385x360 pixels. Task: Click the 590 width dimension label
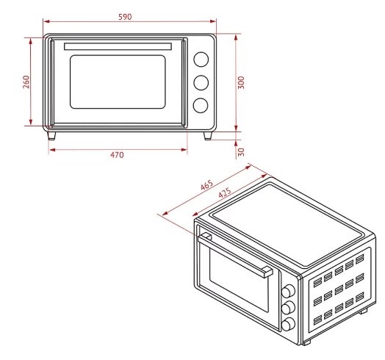pyautogui.click(x=125, y=17)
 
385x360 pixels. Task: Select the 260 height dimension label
pyautogui.click(x=26, y=82)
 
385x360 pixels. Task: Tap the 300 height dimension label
pyautogui.click(x=241, y=82)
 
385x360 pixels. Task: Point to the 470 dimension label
pyautogui.click(x=117, y=155)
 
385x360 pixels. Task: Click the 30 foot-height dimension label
pyautogui.click(x=241, y=152)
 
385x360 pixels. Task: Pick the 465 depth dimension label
pyautogui.click(x=206, y=185)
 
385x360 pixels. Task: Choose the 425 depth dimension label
pyautogui.click(x=224, y=192)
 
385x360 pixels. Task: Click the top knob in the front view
pyautogui.click(x=201, y=60)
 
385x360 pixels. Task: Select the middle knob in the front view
pyautogui.click(x=201, y=82)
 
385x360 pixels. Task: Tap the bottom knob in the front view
pyautogui.click(x=201, y=105)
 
